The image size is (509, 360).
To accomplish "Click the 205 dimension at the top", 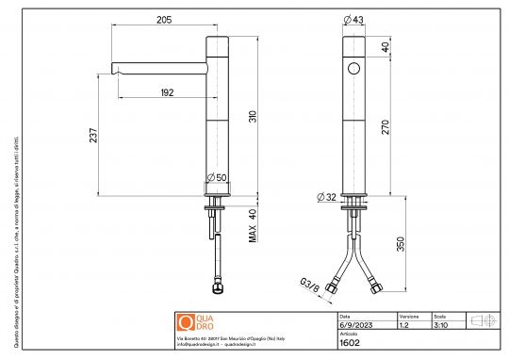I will point(164,19).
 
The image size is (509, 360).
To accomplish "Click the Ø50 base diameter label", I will point(215,177).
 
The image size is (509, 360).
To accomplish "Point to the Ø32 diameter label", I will point(325,197).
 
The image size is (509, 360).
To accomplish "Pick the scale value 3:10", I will point(440,324).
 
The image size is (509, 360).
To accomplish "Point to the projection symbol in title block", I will point(483,320).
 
